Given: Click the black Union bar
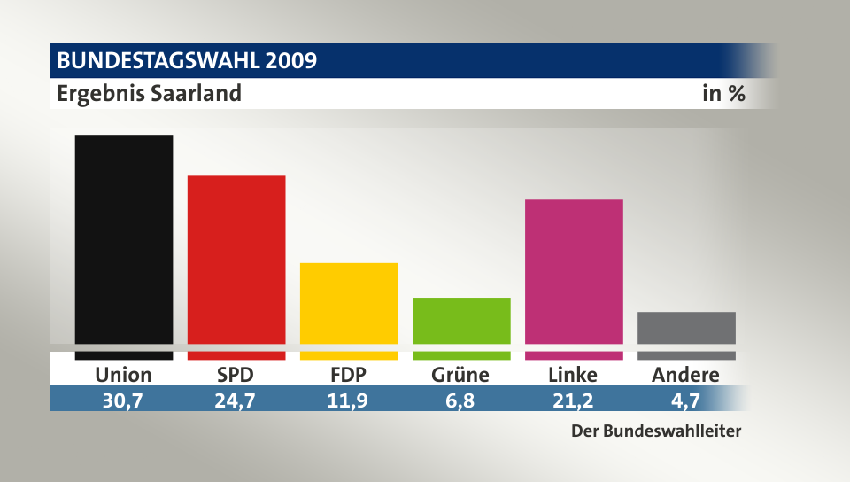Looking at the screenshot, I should pos(124,239).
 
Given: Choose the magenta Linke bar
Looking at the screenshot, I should pos(574,271).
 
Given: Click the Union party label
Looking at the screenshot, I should pos(124,375).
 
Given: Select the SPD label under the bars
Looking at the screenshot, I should pos(236,375).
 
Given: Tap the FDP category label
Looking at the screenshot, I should pos(349,375).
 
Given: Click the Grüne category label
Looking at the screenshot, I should pos(460,375).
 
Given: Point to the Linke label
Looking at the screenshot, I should pos(573,375).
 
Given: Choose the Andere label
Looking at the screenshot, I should pos(685,375).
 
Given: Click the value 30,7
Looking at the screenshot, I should pos(124,400).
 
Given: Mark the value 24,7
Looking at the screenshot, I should pos(236,400).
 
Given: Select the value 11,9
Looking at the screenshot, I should pos(349,400).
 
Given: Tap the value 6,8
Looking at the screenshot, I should pos(460,400).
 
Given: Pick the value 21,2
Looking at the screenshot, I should pos(573,400).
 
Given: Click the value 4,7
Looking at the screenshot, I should pos(685,400).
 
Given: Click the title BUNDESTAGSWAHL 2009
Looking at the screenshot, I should pos(187,61).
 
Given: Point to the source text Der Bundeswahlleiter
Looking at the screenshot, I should pos(654,432).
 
